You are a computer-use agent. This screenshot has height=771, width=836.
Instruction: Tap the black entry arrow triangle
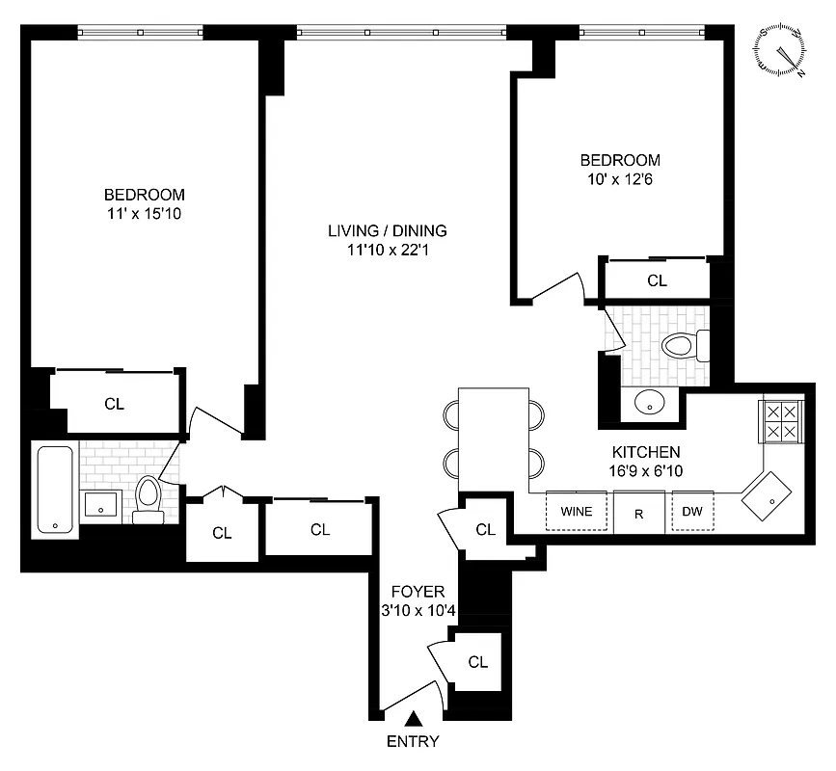414,718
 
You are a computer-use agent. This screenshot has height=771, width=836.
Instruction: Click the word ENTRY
413,741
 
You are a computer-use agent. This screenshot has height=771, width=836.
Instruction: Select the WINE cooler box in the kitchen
577,512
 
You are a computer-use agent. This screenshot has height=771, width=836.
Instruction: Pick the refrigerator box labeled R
638,513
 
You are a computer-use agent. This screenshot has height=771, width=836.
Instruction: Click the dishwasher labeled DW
692,512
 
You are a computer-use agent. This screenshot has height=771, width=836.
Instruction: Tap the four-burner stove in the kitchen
782,420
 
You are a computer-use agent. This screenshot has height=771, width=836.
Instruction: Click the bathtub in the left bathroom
57,489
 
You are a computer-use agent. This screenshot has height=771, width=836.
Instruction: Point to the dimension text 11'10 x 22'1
388,250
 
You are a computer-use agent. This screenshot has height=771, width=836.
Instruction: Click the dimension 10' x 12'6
619,178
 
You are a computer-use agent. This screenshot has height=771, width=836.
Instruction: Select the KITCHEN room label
646,451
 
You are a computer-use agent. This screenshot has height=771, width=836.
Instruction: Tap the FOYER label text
418,591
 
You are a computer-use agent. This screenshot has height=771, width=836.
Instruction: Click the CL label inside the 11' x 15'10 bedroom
114,404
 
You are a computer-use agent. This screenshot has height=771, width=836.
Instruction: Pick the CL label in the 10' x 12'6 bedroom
657,280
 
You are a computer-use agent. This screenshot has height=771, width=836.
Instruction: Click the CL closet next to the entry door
477,662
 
